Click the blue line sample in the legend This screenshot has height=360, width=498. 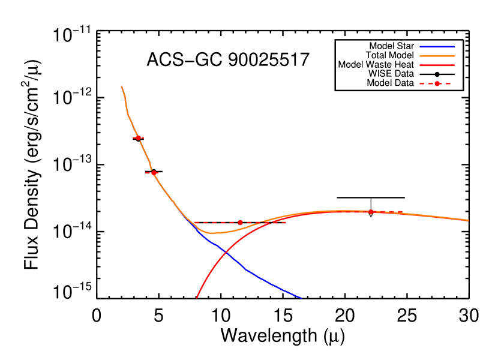point(437,47)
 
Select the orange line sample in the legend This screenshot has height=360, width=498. point(437,56)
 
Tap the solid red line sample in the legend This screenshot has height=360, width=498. point(437,65)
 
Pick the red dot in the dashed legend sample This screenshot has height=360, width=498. point(437,84)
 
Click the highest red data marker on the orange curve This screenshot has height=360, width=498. point(138,138)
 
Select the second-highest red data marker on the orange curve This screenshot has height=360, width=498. point(154,173)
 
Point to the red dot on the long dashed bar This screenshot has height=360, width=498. point(240,223)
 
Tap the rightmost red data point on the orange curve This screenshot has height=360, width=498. point(370,212)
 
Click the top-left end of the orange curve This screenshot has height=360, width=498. point(122,87)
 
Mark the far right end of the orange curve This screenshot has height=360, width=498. point(468,220)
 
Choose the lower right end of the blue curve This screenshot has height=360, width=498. point(301,298)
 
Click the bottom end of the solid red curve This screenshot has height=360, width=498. point(197,298)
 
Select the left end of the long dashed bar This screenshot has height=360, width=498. point(194,223)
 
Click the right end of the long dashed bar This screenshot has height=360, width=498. point(286,223)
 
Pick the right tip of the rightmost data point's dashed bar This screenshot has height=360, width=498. point(402,212)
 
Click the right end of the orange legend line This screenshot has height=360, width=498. point(454,56)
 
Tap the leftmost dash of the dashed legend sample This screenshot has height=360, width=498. point(422,84)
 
